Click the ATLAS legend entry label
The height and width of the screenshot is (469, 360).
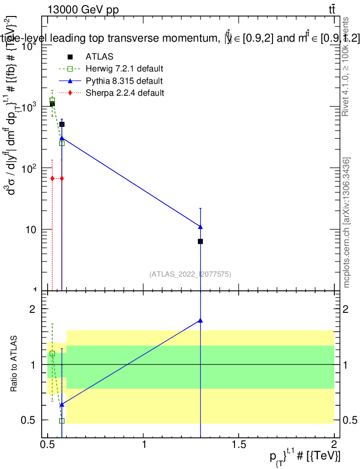(x=99, y=57)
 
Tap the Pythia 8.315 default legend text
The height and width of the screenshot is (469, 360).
(x=124, y=81)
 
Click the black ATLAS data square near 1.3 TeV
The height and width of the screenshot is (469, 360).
(x=200, y=241)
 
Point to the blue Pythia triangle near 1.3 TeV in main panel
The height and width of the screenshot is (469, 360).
(x=200, y=227)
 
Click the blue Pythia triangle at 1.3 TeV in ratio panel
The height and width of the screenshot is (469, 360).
(x=200, y=321)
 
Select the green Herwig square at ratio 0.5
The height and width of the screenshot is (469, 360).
(x=62, y=420)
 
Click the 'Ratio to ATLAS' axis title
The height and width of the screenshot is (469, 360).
(x=14, y=364)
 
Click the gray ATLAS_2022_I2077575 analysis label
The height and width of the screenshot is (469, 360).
(x=190, y=274)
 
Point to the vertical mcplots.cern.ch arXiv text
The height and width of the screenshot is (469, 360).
(x=347, y=222)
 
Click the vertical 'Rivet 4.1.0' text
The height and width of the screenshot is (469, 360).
(x=346, y=66)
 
